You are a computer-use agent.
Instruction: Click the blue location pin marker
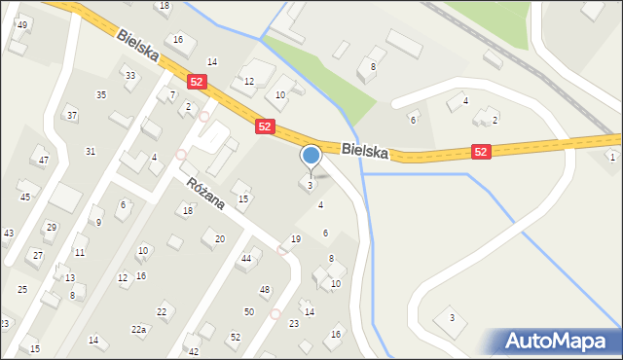[x=311, y=156]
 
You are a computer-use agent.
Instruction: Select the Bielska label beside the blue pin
[x=365, y=152]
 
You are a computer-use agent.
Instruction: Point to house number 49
[x=22, y=24]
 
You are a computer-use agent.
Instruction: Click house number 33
[x=129, y=75]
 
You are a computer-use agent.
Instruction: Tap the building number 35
[x=101, y=94]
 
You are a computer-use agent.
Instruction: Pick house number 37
[x=71, y=115]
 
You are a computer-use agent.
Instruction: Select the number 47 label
[x=43, y=160]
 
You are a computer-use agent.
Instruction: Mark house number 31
[x=91, y=151]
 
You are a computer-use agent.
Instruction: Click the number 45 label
[x=25, y=197]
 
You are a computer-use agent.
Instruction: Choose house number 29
[x=51, y=227]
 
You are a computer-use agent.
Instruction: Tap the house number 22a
[x=139, y=330]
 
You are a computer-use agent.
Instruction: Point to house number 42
[x=194, y=351]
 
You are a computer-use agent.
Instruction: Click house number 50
[x=249, y=311]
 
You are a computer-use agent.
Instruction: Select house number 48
[x=265, y=290]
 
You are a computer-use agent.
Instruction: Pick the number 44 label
[x=246, y=258]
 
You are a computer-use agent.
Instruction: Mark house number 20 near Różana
[x=220, y=238]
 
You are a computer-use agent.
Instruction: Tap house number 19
[x=296, y=239]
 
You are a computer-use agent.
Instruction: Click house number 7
[x=172, y=94]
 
